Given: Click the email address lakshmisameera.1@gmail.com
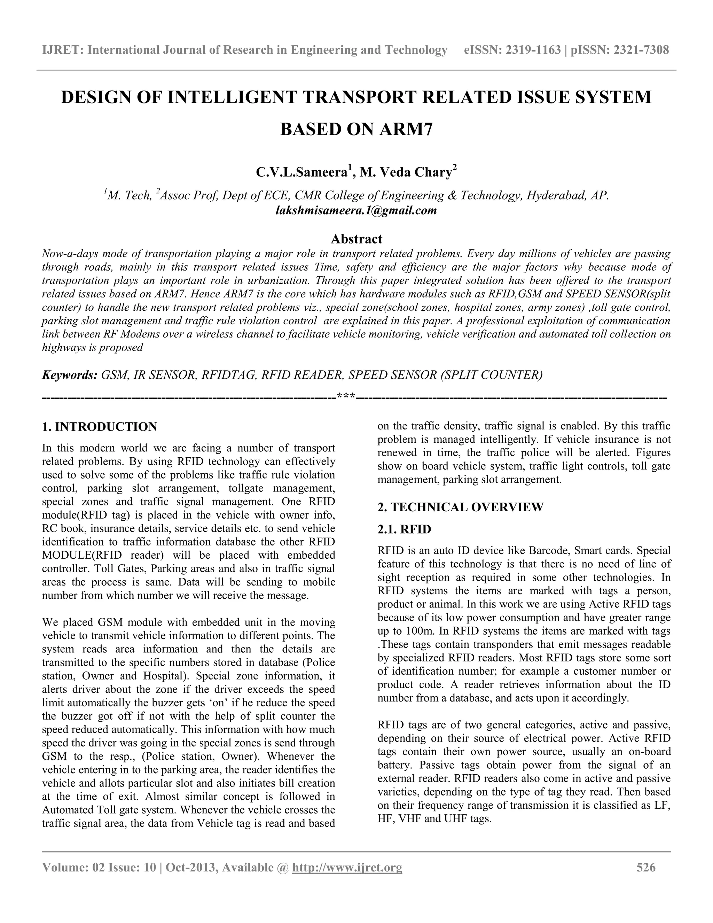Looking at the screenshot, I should (x=356, y=210).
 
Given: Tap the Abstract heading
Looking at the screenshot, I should (x=356, y=239).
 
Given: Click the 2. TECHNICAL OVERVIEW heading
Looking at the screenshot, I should (x=460, y=507).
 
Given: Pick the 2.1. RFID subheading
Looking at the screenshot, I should (x=404, y=529).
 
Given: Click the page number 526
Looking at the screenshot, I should (x=646, y=868).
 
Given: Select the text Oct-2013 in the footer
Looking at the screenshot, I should (x=190, y=868).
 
